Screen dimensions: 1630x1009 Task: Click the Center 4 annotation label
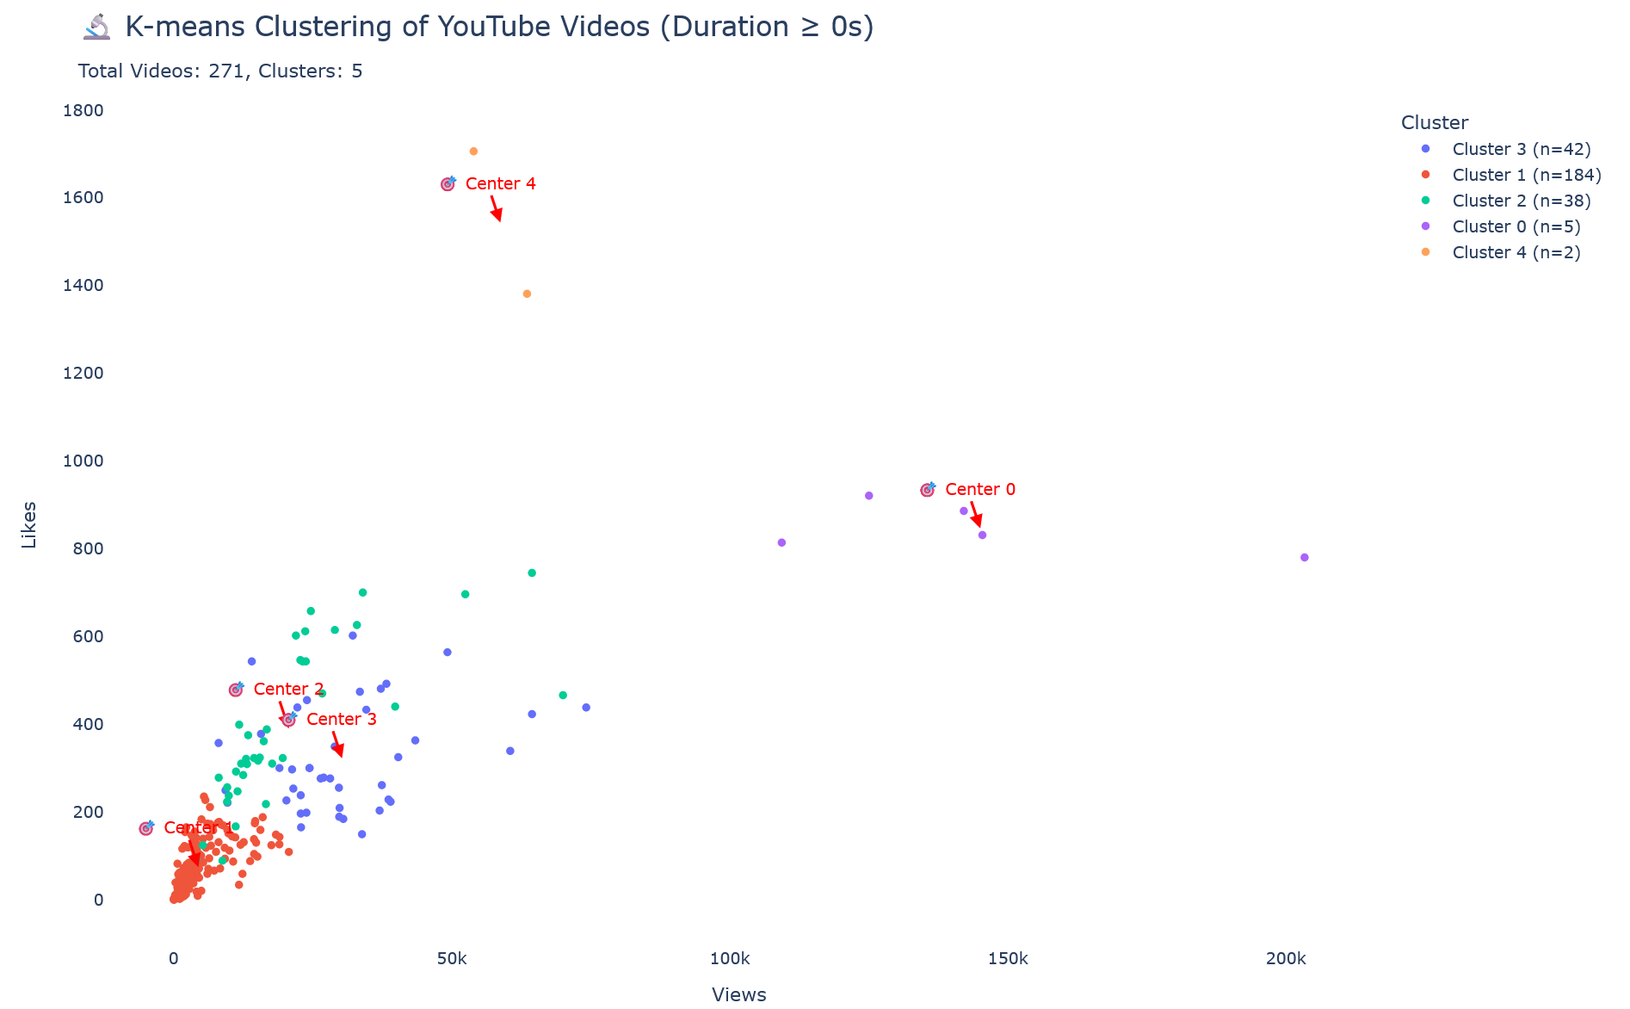[500, 183]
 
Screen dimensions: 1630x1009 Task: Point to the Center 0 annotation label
[980, 489]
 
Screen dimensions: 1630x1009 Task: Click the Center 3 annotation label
[342, 719]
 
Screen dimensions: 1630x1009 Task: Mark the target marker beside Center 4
[448, 184]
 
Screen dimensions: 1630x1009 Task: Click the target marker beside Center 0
[927, 490]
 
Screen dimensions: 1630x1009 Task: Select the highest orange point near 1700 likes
[473, 152]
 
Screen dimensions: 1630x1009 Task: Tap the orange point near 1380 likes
[527, 294]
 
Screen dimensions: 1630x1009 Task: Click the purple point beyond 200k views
[1304, 557]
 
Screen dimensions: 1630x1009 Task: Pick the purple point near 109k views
[781, 542]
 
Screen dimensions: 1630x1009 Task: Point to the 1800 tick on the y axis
[83, 110]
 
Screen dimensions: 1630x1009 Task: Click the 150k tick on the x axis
[1008, 959]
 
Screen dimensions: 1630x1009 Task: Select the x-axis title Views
[739, 994]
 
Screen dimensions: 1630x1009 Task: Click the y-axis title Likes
[29, 524]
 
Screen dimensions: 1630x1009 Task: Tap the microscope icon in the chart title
[96, 27]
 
